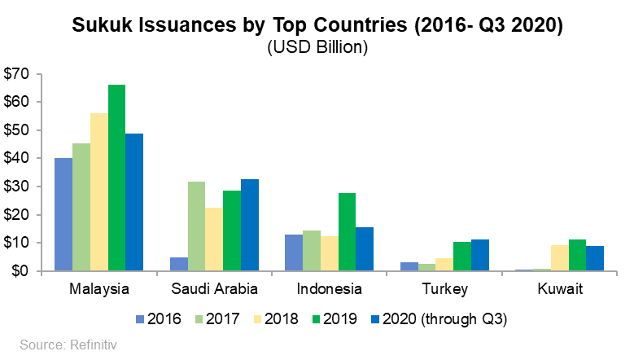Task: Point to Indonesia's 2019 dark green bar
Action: tap(346, 231)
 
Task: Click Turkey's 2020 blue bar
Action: tap(479, 255)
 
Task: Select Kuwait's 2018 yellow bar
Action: tap(560, 257)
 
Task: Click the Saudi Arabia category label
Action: tap(214, 289)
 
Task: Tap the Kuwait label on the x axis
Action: tap(561, 289)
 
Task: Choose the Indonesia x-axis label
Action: tap(329, 289)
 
